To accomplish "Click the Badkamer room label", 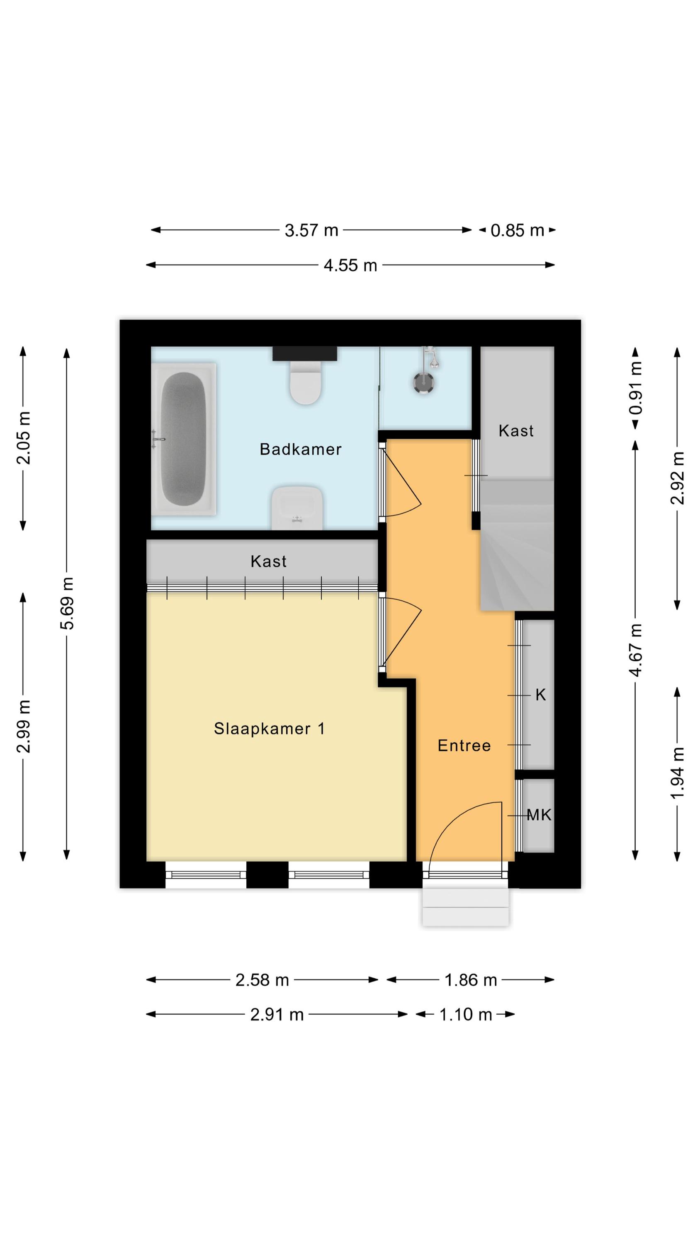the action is [x=301, y=449].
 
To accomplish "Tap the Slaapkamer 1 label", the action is [x=269, y=728].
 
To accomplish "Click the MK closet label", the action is [x=539, y=815].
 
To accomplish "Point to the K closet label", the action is [x=541, y=695].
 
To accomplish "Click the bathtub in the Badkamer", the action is [x=184, y=439].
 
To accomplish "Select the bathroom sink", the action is [x=297, y=508].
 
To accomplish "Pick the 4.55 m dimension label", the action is [x=350, y=265].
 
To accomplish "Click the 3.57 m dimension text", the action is [x=311, y=231].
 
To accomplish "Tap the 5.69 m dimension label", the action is [x=68, y=603].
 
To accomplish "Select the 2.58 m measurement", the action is [x=262, y=980].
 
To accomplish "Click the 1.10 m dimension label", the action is [x=466, y=1015].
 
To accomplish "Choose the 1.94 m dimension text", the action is [x=678, y=773].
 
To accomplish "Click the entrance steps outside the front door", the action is [x=466, y=907].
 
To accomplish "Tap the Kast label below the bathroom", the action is [x=269, y=561].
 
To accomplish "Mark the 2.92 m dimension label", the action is [x=678, y=478].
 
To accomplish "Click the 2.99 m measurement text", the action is [x=23, y=726].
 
